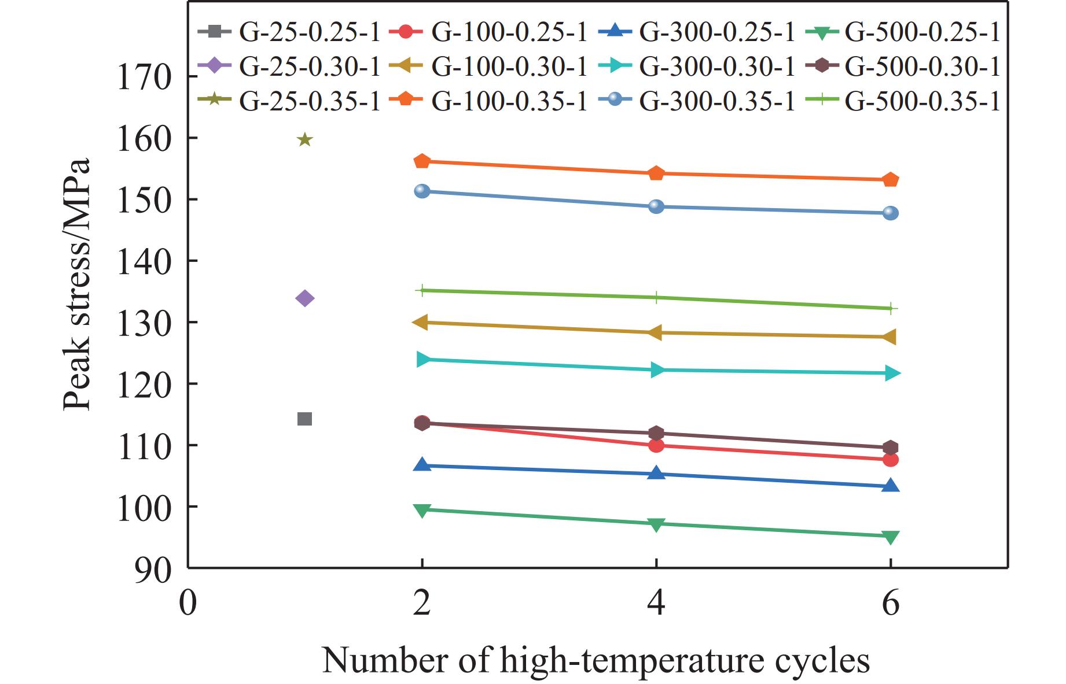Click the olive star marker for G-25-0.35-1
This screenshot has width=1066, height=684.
[304, 140]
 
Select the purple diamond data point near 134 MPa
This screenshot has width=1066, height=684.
[304, 298]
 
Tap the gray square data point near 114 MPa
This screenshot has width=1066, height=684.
[304, 419]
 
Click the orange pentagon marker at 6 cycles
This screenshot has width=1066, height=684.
[891, 180]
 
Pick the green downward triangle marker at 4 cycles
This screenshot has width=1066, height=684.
[656, 524]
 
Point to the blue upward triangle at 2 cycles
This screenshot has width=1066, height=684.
[422, 465]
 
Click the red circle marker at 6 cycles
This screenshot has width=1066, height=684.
[891, 460]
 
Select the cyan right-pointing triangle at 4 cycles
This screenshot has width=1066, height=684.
[656, 370]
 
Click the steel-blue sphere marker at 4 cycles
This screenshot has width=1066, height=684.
[656, 206]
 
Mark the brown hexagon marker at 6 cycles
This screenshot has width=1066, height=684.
[891, 448]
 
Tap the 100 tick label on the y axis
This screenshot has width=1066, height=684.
[144, 507]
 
